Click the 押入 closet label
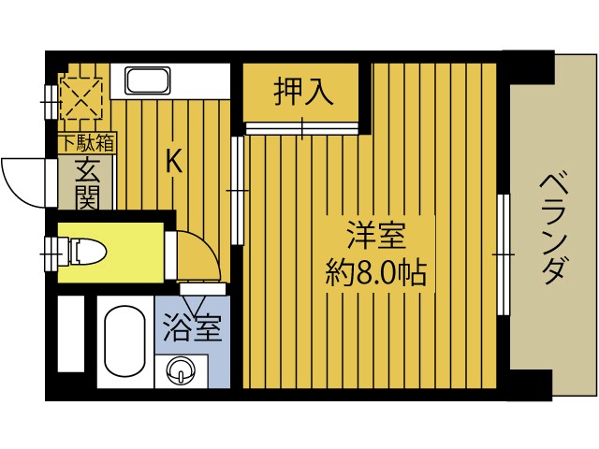(302, 92)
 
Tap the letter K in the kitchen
(173, 161)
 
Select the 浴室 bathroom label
(192, 330)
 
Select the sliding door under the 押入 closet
(302, 126)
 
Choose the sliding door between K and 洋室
(237, 191)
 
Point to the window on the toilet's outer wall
(51, 250)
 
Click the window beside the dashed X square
(51, 96)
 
